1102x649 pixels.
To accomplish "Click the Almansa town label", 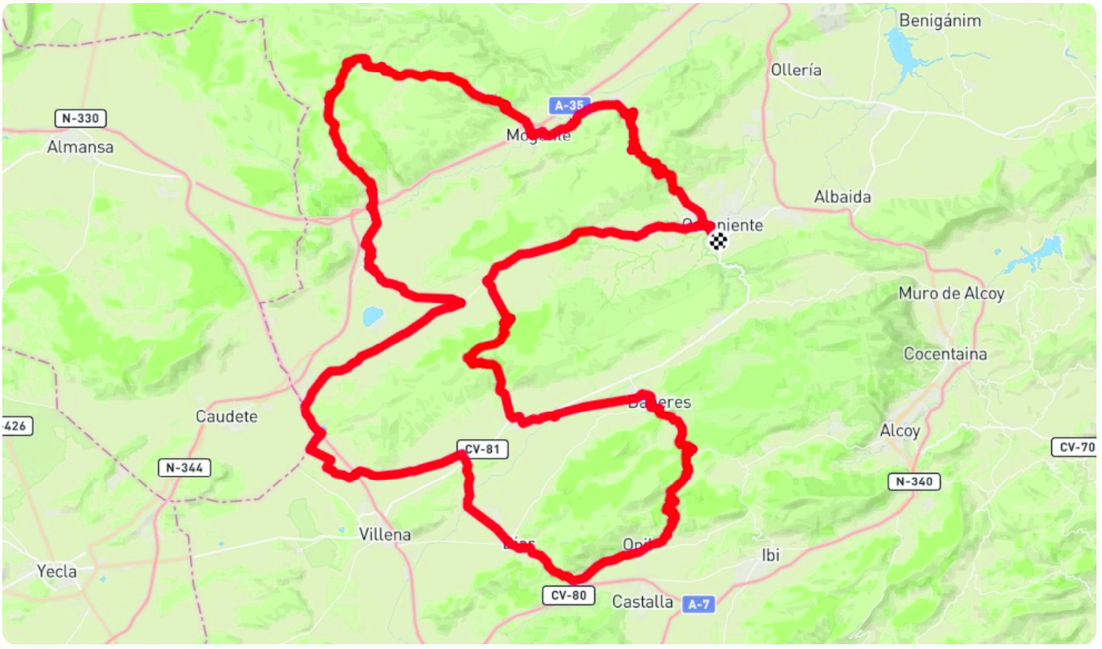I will (80, 146).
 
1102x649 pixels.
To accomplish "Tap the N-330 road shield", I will (80, 118).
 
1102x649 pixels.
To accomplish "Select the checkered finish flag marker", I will (717, 241).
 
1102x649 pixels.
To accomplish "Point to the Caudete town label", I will (226, 416).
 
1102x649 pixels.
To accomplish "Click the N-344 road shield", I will (185, 468).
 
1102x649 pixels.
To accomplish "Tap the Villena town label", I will (385, 535).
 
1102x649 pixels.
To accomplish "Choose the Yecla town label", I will (57, 571).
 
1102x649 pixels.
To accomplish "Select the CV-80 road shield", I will (569, 596).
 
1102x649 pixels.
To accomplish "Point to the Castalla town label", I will (642, 602).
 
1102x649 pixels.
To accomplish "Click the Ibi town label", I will (771, 555).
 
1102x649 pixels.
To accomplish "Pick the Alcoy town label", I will (900, 431).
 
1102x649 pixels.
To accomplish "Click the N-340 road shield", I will (914, 481).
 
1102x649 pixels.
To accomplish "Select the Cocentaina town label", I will (945, 354).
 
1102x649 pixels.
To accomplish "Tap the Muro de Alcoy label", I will (951, 294).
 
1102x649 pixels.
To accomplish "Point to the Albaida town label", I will (842, 197).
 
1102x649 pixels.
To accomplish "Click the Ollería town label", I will (796, 70).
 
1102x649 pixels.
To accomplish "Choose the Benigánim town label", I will (940, 21).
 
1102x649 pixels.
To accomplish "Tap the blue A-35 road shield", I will (569, 105).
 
